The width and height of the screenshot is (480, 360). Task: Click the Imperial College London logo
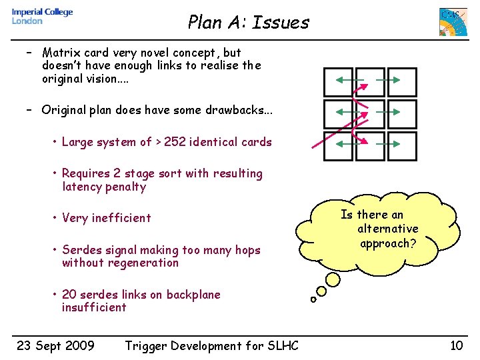pyautogui.click(x=42, y=17)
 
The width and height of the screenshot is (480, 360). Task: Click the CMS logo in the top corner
pyautogui.click(x=453, y=22)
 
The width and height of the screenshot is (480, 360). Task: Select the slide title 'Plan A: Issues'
pyautogui.click(x=248, y=23)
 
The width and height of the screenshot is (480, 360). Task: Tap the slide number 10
pyautogui.click(x=456, y=345)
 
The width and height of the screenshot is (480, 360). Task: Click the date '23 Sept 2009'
pyautogui.click(x=55, y=345)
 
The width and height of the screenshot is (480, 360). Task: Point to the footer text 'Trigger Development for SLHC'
pyautogui.click(x=211, y=345)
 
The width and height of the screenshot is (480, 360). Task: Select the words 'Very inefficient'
pyautogui.click(x=107, y=218)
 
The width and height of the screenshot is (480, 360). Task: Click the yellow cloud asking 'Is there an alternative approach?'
pyautogui.click(x=379, y=230)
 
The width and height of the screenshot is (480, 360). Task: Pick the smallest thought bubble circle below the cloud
pyautogui.click(x=313, y=299)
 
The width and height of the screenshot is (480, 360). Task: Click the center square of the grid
pyautogui.click(x=369, y=114)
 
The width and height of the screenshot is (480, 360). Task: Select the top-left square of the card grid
pyautogui.click(x=338, y=82)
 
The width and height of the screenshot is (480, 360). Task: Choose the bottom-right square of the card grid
pyautogui.click(x=401, y=146)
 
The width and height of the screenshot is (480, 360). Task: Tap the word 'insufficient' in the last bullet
pyautogui.click(x=94, y=307)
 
